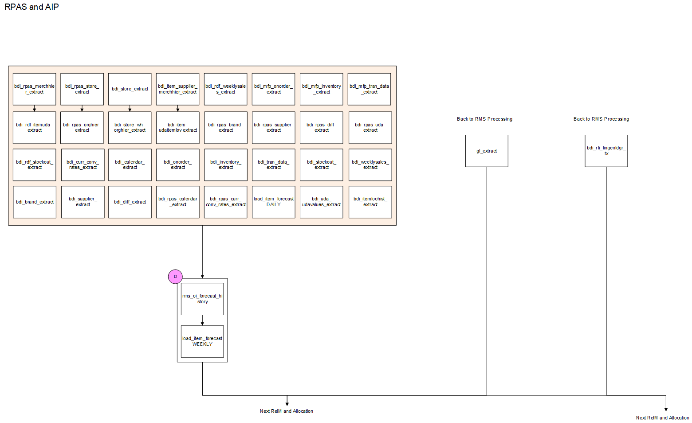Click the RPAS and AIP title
pos(31,7)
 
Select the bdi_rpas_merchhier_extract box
pos(35,89)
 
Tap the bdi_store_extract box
pos(130,89)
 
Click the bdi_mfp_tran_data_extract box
pos(369,89)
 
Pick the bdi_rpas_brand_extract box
pos(226,128)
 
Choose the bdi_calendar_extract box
pos(130,165)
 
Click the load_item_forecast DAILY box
pos(274,202)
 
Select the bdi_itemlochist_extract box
pos(370,202)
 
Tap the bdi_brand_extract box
pos(35,202)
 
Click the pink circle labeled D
pos(175,277)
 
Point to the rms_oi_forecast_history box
pos(202,299)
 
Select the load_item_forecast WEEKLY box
pos(202,341)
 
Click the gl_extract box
pos(487,151)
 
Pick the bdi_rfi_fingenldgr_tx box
pos(606,151)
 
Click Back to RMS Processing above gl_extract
pos(484,119)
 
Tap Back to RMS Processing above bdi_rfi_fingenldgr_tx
pos(601,119)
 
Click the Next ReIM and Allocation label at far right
pos(662,418)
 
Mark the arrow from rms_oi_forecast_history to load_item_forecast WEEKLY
pos(202,321)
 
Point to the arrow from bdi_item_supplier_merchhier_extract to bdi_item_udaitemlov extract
pos(178,108)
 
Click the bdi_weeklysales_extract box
pos(370,165)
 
